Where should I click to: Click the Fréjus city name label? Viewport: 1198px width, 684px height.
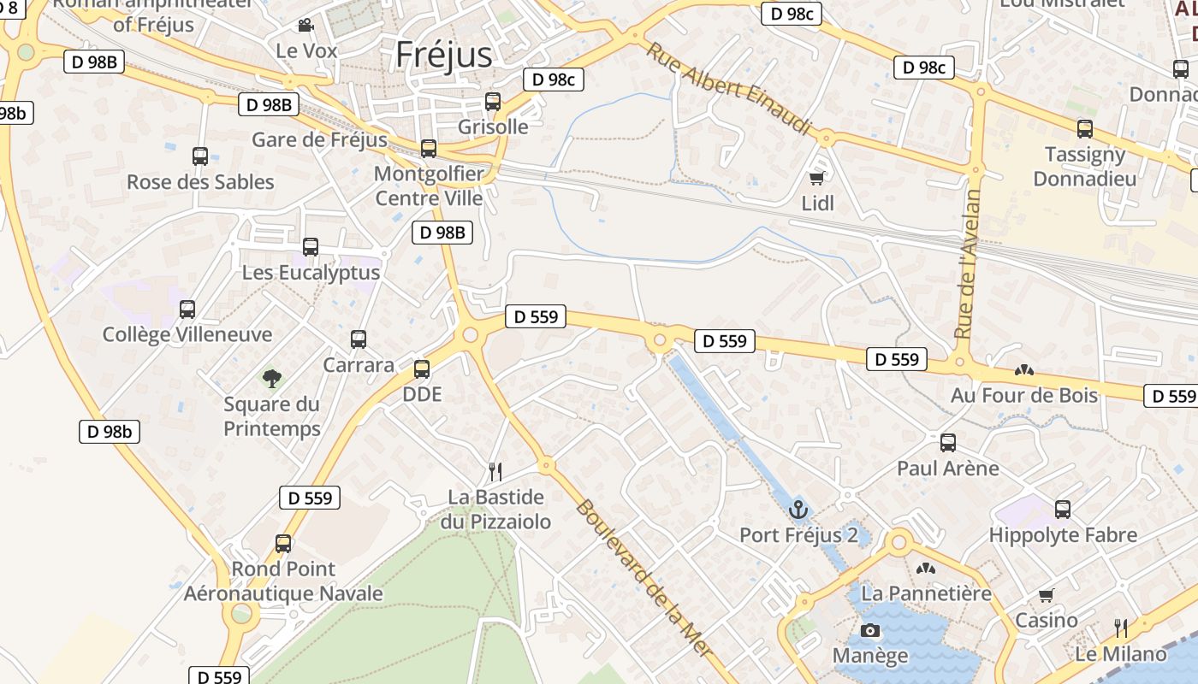(x=443, y=55)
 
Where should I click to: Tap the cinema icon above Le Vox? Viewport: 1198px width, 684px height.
(x=305, y=27)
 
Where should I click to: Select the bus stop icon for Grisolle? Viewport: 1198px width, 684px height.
(x=493, y=102)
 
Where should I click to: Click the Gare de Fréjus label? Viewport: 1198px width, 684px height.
(x=319, y=139)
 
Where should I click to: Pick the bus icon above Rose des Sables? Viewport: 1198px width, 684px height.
(x=200, y=156)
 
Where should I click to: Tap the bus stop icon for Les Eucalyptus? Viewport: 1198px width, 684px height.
(x=311, y=247)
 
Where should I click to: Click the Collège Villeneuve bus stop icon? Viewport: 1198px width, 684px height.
(x=187, y=310)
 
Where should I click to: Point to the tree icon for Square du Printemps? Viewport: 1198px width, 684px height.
(x=272, y=378)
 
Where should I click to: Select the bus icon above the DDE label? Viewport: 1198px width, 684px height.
(x=422, y=369)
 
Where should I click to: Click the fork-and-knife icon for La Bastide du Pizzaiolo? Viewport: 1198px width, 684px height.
(x=495, y=471)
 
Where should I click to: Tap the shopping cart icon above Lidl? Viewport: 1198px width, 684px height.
(x=817, y=178)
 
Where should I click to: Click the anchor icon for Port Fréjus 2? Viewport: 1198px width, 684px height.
(x=798, y=510)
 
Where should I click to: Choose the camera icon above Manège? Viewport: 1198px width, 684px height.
(x=870, y=631)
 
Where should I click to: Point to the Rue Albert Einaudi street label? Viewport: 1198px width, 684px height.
(x=728, y=89)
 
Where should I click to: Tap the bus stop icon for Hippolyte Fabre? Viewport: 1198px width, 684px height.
(x=1063, y=510)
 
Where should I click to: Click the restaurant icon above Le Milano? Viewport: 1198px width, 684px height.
(x=1121, y=628)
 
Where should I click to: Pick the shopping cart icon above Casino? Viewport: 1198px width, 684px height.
(x=1046, y=595)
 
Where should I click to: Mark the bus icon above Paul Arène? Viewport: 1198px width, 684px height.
(x=948, y=443)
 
